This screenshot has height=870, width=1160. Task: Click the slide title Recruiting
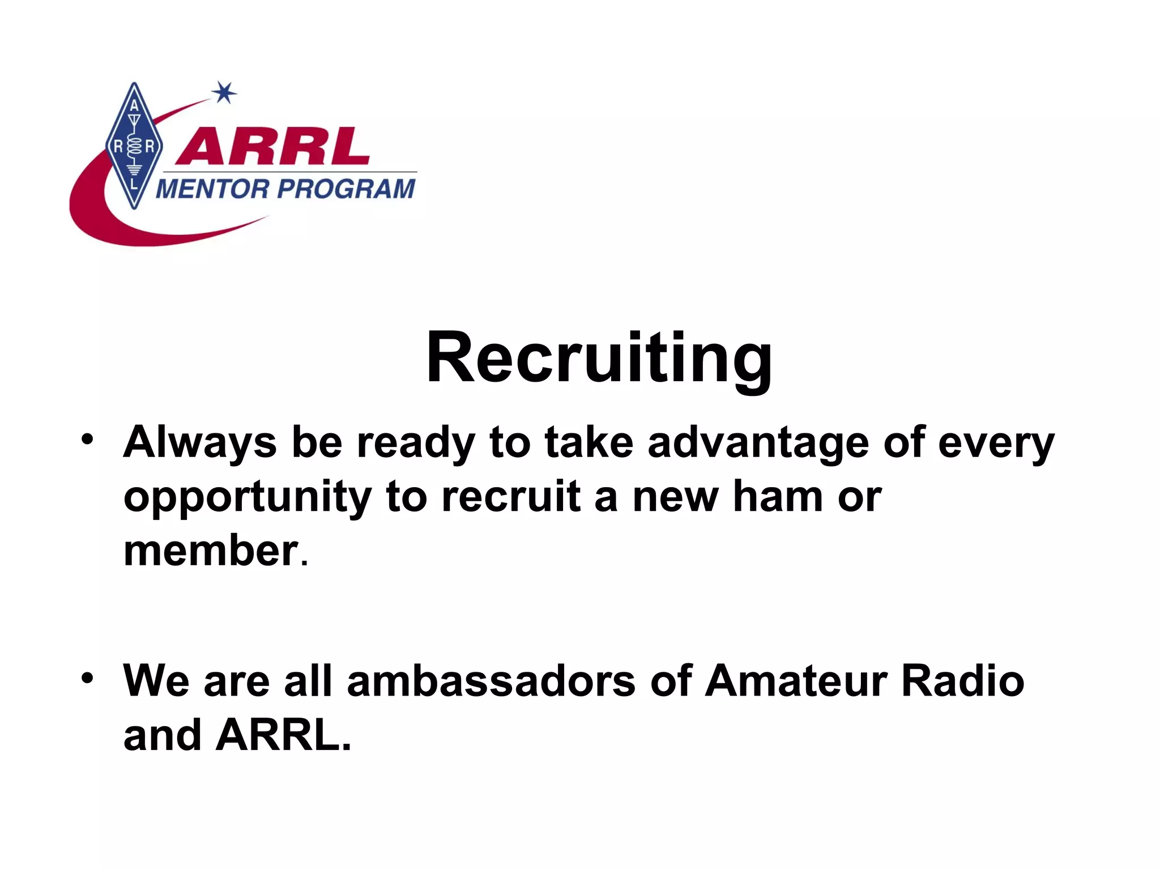(599, 358)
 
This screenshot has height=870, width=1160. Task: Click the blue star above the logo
(225, 93)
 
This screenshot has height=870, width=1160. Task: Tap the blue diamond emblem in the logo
(134, 146)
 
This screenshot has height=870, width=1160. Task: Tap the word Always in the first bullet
(200, 443)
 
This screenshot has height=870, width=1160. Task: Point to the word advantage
(758, 443)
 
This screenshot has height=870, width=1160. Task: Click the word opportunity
(248, 497)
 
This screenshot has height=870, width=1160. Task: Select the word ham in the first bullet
(778, 496)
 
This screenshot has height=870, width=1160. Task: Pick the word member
(211, 551)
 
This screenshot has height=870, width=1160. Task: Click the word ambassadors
(491, 681)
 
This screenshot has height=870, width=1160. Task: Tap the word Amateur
(795, 681)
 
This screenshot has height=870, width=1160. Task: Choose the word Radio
(962, 681)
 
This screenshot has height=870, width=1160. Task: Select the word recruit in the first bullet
(511, 496)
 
